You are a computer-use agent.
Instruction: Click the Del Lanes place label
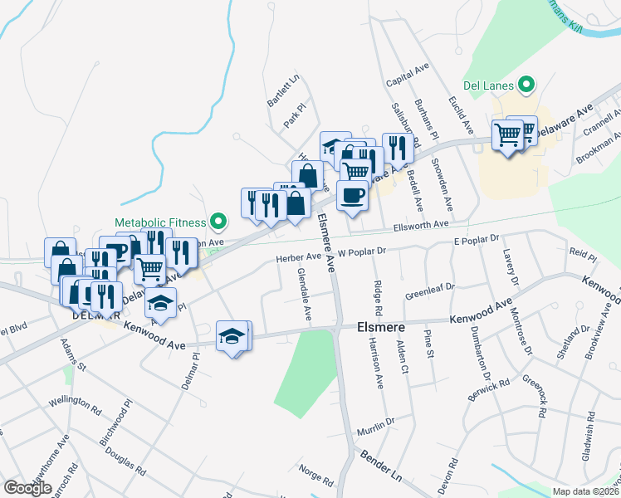488,85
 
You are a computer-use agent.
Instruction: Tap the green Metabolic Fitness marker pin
218,222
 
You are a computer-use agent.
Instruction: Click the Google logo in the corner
27,488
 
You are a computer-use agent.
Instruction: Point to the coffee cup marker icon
353,196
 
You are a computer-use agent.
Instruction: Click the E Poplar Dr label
475,240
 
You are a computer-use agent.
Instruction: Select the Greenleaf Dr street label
430,292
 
